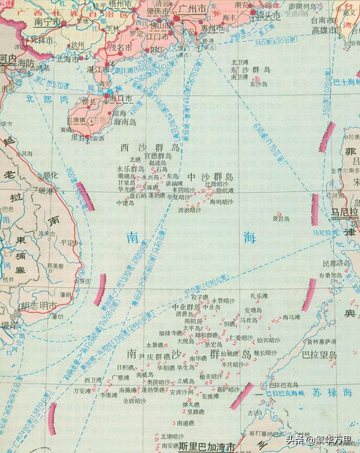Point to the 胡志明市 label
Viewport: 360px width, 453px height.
click(38, 306)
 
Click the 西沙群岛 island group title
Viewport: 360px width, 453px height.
click(150, 147)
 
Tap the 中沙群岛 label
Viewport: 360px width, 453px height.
click(210, 176)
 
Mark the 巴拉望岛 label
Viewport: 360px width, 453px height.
click(319, 355)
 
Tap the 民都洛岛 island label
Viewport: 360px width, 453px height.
click(336, 263)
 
